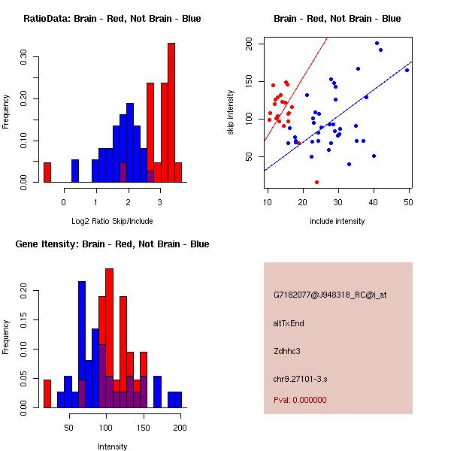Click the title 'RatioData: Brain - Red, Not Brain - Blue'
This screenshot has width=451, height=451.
pos(112,19)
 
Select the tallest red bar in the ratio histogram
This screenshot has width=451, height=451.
pos(171,113)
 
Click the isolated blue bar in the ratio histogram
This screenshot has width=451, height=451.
pos(75,171)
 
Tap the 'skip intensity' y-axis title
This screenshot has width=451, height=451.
pos(232,113)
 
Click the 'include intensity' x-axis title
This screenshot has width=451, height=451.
pos(337,221)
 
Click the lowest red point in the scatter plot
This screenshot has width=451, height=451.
pos(316,182)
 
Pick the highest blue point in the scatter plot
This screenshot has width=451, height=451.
pos(377,44)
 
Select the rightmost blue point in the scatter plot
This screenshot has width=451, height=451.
pos(407,70)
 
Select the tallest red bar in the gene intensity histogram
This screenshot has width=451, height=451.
pos(109,338)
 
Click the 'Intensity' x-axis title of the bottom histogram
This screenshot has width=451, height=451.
pos(112,446)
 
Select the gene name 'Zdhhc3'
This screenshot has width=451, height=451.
pos(287,351)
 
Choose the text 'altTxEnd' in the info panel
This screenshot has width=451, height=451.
pos(289,323)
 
